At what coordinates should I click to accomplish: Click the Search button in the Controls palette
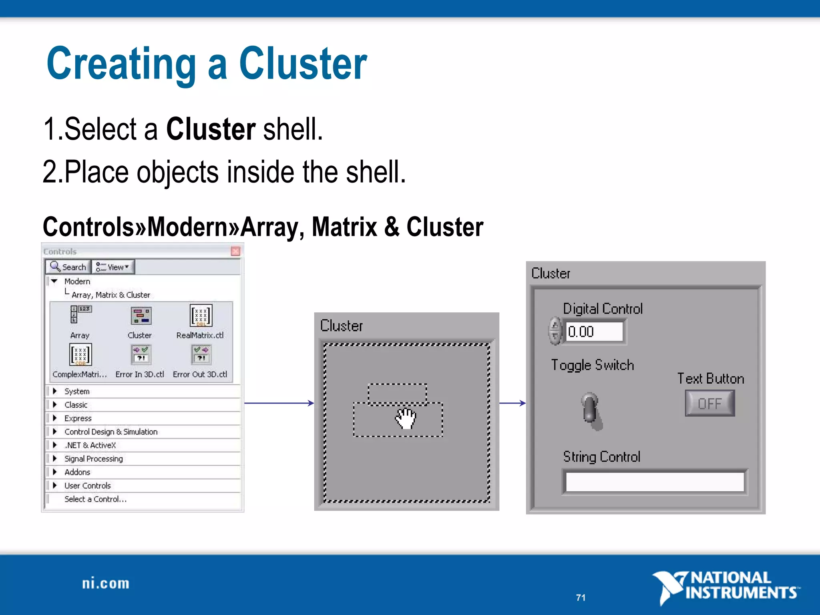coord(68,267)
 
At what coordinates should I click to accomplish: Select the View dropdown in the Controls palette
coord(113,267)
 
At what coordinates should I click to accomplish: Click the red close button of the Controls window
coord(236,251)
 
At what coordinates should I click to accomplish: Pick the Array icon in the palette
coord(80,315)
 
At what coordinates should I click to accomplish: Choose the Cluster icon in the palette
coord(141,316)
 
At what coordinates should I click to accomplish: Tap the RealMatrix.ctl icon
coord(201,316)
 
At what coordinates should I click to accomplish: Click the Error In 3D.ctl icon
coord(141,355)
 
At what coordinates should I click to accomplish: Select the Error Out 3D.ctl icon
coord(201,355)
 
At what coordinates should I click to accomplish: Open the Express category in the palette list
coord(78,418)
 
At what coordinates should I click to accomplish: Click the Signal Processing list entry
coord(93,459)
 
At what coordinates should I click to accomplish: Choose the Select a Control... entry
coord(95,499)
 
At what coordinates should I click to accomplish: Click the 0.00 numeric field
coord(594,332)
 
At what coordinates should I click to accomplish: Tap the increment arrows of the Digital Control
coord(555,331)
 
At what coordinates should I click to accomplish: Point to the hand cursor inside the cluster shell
coord(406,419)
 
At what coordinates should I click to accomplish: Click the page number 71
coord(581,598)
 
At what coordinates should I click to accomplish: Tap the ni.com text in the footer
coord(106,584)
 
